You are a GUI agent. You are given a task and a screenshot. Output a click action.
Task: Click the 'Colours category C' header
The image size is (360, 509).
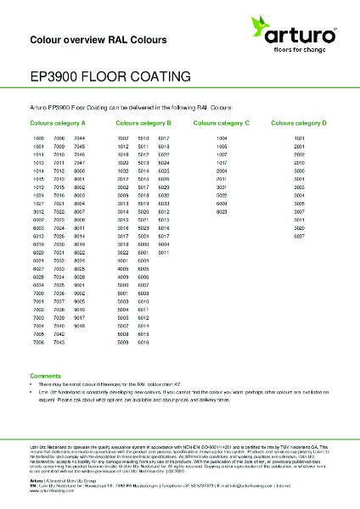pyautogui.click(x=222, y=123)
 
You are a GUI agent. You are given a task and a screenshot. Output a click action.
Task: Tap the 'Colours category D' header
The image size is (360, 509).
pyautogui.click(x=299, y=123)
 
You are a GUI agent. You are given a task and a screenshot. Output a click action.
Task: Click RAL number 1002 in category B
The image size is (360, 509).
pyautogui.click(x=122, y=137)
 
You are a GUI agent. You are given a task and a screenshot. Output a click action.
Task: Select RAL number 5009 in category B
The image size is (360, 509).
pyautogui.click(x=122, y=342)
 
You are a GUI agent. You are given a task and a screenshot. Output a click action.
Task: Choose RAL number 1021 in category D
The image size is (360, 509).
pyautogui.click(x=299, y=137)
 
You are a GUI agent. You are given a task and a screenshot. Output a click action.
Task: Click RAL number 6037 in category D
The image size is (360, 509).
pyautogui.click(x=299, y=237)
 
